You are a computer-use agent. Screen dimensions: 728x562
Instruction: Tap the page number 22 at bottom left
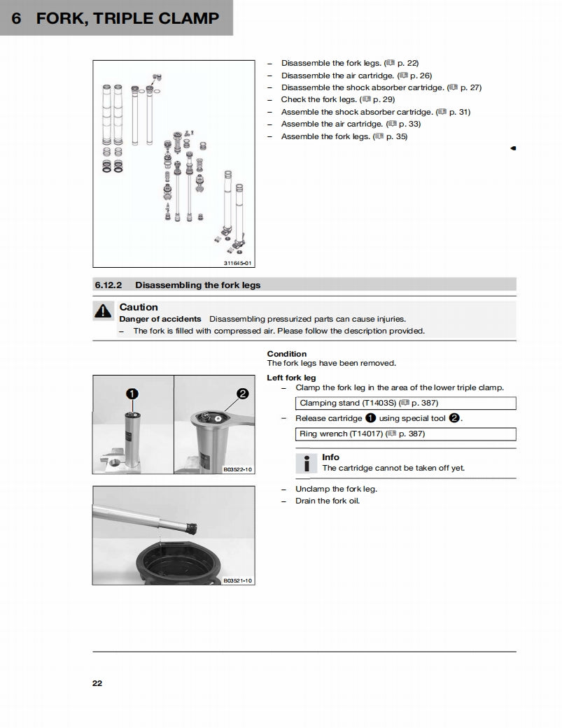(97, 683)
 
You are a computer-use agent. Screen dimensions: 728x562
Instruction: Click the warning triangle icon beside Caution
(103, 312)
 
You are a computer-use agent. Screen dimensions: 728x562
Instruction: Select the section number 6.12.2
(109, 285)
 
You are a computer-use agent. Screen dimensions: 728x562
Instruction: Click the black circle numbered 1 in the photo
(132, 394)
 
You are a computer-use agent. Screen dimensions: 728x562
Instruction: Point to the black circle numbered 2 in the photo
(242, 394)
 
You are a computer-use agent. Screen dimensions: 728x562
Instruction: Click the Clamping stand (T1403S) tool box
(405, 403)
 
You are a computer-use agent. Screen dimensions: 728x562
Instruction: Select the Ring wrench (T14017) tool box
(405, 434)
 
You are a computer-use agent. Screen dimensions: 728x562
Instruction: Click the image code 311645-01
(237, 263)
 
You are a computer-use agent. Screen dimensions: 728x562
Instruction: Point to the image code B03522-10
(238, 470)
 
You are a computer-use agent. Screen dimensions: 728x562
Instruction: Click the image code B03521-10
(238, 580)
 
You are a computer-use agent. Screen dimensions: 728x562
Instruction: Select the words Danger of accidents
(160, 319)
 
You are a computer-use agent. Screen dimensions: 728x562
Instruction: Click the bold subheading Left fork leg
(291, 378)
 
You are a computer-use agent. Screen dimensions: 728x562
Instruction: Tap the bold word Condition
(287, 354)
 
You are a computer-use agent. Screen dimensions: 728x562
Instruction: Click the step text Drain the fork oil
(327, 501)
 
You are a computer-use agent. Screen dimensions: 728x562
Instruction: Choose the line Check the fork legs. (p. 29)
(337, 99)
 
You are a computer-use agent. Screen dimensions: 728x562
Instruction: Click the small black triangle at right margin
(513, 148)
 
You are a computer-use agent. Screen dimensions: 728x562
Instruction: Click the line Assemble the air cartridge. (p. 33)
(351, 124)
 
